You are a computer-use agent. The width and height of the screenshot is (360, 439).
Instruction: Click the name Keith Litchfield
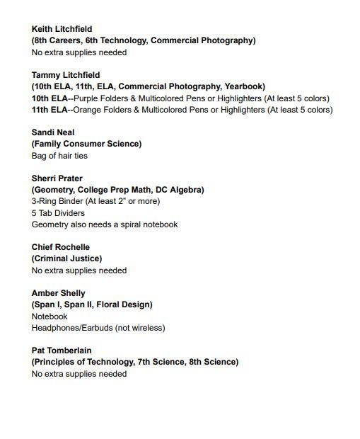point(62,29)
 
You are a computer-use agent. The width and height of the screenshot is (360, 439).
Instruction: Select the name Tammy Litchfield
point(66,75)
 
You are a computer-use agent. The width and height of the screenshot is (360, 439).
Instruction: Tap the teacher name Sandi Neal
point(53,132)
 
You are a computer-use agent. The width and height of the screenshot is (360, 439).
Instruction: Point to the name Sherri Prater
point(57,178)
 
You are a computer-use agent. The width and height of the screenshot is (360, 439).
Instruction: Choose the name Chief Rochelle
point(61,247)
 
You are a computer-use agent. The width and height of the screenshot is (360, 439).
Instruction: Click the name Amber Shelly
point(58,293)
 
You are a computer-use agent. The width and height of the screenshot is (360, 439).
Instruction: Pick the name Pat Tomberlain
point(62,350)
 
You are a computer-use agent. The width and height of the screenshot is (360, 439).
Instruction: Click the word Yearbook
point(243,86)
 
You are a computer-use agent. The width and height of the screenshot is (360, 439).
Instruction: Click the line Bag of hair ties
point(59,156)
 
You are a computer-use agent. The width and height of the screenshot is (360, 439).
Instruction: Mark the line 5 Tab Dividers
point(58,213)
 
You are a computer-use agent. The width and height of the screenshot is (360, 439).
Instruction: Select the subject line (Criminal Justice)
point(66,258)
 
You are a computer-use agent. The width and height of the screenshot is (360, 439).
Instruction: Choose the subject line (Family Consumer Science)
point(86,144)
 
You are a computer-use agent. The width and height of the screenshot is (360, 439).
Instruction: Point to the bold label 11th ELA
point(50,110)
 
